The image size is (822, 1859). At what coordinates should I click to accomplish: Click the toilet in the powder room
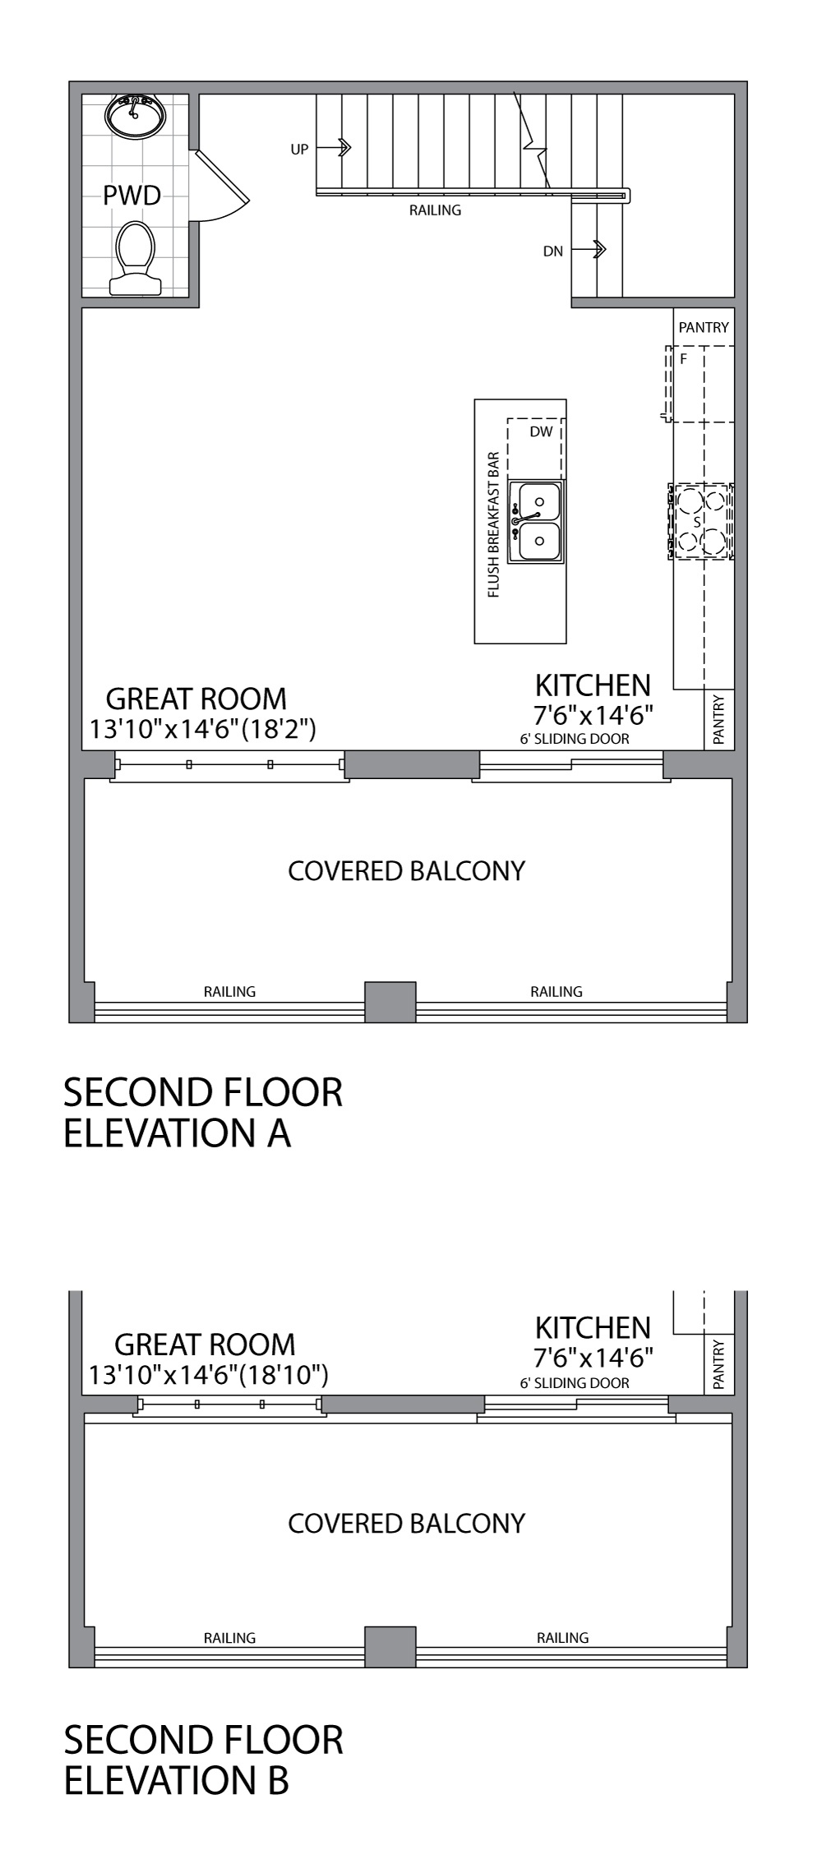click(x=136, y=256)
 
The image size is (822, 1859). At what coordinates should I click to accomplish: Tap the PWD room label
click(x=132, y=196)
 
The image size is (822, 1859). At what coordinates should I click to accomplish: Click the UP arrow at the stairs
click(x=334, y=148)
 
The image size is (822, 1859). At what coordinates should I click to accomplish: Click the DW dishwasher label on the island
click(x=541, y=431)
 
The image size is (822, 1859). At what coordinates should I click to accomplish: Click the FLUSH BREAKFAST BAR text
click(x=494, y=524)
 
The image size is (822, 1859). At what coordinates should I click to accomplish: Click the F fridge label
click(x=682, y=359)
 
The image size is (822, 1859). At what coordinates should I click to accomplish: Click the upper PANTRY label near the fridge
click(x=704, y=327)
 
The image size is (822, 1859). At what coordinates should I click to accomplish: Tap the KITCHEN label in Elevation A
click(x=593, y=685)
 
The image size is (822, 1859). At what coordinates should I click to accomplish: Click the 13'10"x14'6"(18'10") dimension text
click(x=209, y=1375)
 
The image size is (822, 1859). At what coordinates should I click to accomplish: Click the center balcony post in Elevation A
click(x=390, y=1001)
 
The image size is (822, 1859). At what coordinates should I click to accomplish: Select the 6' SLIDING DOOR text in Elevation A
click(x=575, y=739)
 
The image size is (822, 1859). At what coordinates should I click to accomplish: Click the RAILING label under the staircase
click(x=435, y=210)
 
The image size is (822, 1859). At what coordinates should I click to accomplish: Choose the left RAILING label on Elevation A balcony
click(x=229, y=991)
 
